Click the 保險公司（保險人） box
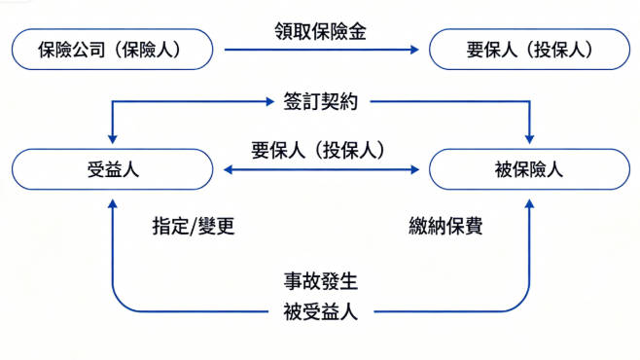point(112,49)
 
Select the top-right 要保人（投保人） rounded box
point(529,49)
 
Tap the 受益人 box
point(112,169)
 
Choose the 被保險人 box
point(529,169)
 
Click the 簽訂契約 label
point(320,100)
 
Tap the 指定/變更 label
point(194,227)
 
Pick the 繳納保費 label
point(446,227)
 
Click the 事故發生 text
point(321,283)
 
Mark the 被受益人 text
point(321,311)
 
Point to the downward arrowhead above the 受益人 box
point(113,139)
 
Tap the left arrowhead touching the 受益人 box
point(225,169)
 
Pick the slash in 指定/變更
point(194,227)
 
